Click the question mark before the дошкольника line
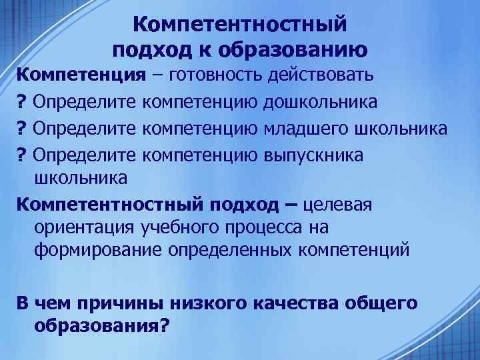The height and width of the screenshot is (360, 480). click(x=21, y=103)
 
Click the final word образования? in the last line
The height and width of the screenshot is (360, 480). click(x=100, y=326)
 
